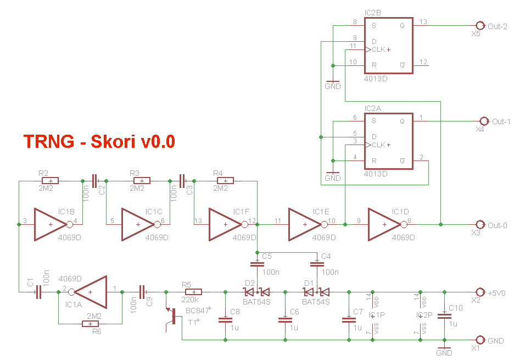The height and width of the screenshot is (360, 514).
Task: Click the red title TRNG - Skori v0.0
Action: pyautogui.click(x=99, y=141)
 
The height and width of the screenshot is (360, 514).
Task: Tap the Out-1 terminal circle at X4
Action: pyautogui.click(x=484, y=121)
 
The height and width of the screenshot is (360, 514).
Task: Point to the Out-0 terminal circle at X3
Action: pyautogui.click(x=479, y=224)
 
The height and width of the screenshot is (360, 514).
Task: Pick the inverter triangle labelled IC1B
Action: pyautogui.click(x=50, y=224)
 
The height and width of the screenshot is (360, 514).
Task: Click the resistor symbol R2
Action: pyautogui.click(x=50, y=180)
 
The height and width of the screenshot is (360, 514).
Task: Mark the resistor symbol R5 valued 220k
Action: pyautogui.click(x=193, y=292)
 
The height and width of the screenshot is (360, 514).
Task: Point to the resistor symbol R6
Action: pyautogui.click(x=91, y=324)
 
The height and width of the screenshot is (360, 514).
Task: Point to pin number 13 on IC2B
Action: pyautogui.click(x=422, y=21)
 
